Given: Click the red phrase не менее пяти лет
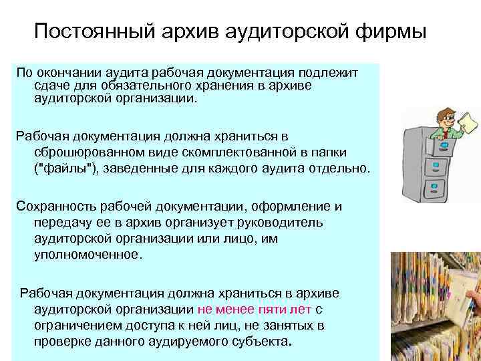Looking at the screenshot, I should (255, 310).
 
